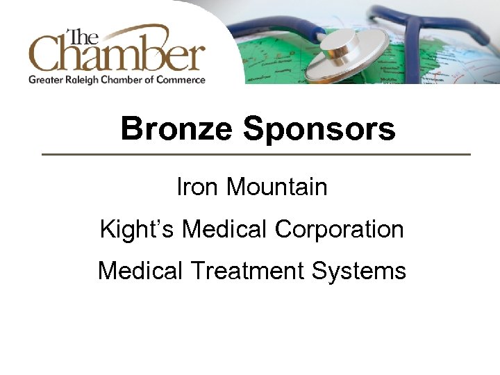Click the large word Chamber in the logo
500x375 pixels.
coord(117,54)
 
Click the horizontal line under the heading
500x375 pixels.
coord(256,154)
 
